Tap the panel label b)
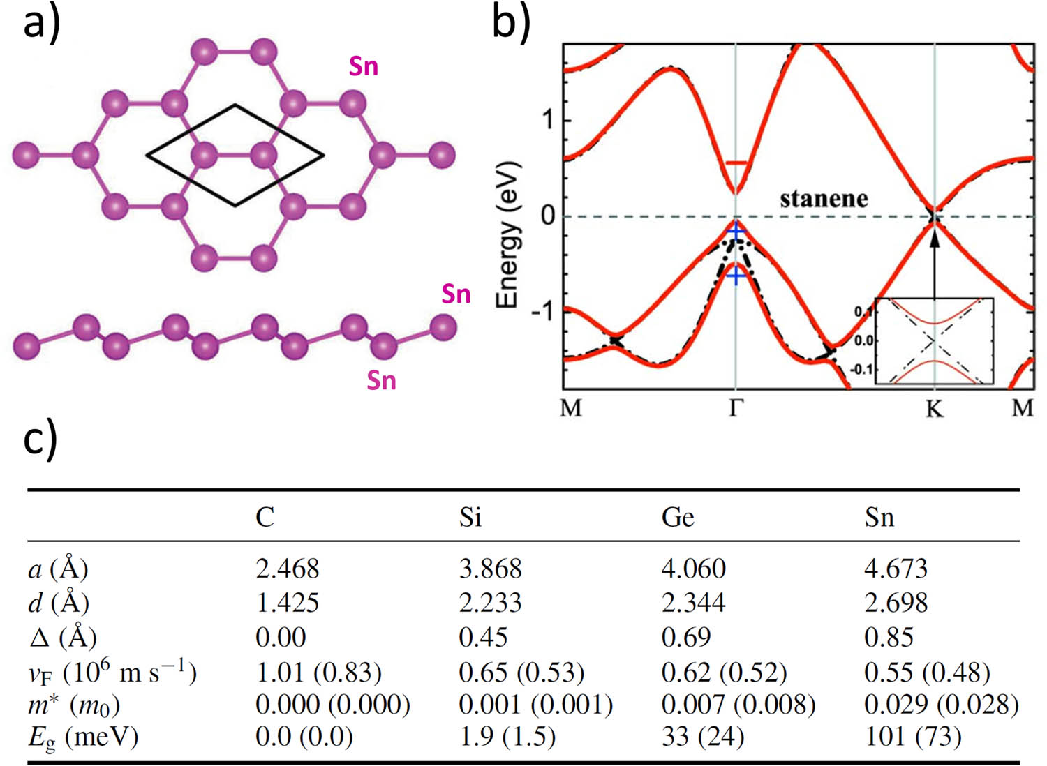point(511,22)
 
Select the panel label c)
point(40,441)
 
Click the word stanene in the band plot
point(824,200)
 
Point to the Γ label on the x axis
point(736,407)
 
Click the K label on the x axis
point(934,408)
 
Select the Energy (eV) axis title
point(507,234)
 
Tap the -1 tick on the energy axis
point(543,310)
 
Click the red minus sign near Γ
point(736,163)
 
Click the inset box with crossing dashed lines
point(934,340)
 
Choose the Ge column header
point(677,518)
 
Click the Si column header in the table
point(470,518)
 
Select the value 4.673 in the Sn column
point(896,569)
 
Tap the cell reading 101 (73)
point(913,737)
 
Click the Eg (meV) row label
point(82,737)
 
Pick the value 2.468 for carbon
point(287,569)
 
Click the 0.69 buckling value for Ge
point(685,637)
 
